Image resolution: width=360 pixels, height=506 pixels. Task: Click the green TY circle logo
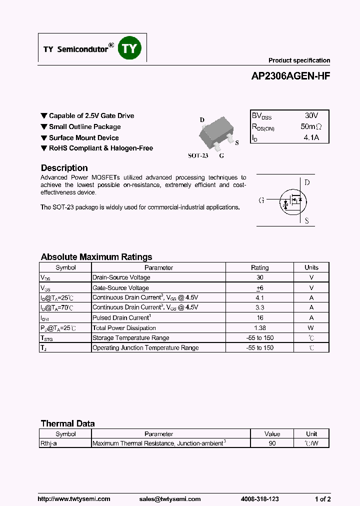pos(129,48)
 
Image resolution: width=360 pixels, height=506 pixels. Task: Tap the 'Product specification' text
pos(299,60)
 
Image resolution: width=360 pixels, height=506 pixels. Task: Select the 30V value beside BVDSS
pos(311,115)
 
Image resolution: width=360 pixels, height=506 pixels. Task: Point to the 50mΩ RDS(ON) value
pos(311,127)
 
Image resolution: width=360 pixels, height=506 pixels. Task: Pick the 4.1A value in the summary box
pos(311,137)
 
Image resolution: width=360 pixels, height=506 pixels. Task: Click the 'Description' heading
pos(64,168)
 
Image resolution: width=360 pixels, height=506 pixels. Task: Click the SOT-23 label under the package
pos(197,155)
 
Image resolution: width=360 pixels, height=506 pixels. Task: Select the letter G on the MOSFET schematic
pos(261,200)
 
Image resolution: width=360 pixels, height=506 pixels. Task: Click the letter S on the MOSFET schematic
pos(306,220)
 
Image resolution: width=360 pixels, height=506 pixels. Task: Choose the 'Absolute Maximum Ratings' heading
pos(96,257)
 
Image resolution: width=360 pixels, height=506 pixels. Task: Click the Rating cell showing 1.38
pos(259,328)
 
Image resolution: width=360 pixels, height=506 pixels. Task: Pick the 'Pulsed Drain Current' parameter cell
pos(121,318)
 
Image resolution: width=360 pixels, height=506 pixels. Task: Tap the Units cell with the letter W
pos(311,328)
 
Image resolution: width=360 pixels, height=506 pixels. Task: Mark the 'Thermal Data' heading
pos(67,423)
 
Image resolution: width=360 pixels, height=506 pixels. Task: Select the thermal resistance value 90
pos(272,443)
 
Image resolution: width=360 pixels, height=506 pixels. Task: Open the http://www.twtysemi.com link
pos(74,499)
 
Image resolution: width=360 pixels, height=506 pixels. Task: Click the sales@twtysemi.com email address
pos(169,499)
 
